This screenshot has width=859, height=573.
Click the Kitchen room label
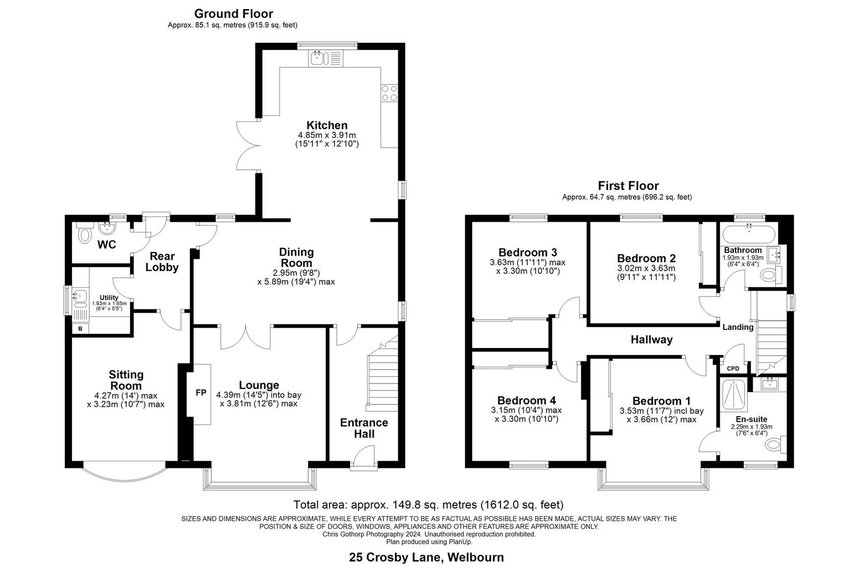tap(327, 125)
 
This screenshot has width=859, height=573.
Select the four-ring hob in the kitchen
tap(389, 93)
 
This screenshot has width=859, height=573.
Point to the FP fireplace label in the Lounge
tap(201, 393)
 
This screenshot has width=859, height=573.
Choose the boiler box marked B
tap(80, 329)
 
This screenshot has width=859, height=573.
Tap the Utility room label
tap(109, 298)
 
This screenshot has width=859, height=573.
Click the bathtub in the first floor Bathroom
tap(749, 234)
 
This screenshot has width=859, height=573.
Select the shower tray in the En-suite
tap(733, 394)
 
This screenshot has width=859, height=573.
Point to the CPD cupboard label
tap(733, 368)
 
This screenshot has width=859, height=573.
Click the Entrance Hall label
tap(364, 428)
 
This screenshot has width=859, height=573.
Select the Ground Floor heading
tap(234, 14)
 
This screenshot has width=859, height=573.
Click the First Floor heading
tap(628, 186)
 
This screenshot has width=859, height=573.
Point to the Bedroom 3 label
tap(527, 252)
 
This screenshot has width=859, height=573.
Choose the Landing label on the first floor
tap(738, 327)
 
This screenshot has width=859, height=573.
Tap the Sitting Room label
tap(126, 380)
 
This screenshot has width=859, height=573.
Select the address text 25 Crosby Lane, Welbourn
tap(426, 557)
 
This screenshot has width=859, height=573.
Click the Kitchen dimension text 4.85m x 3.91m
tap(327, 135)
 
